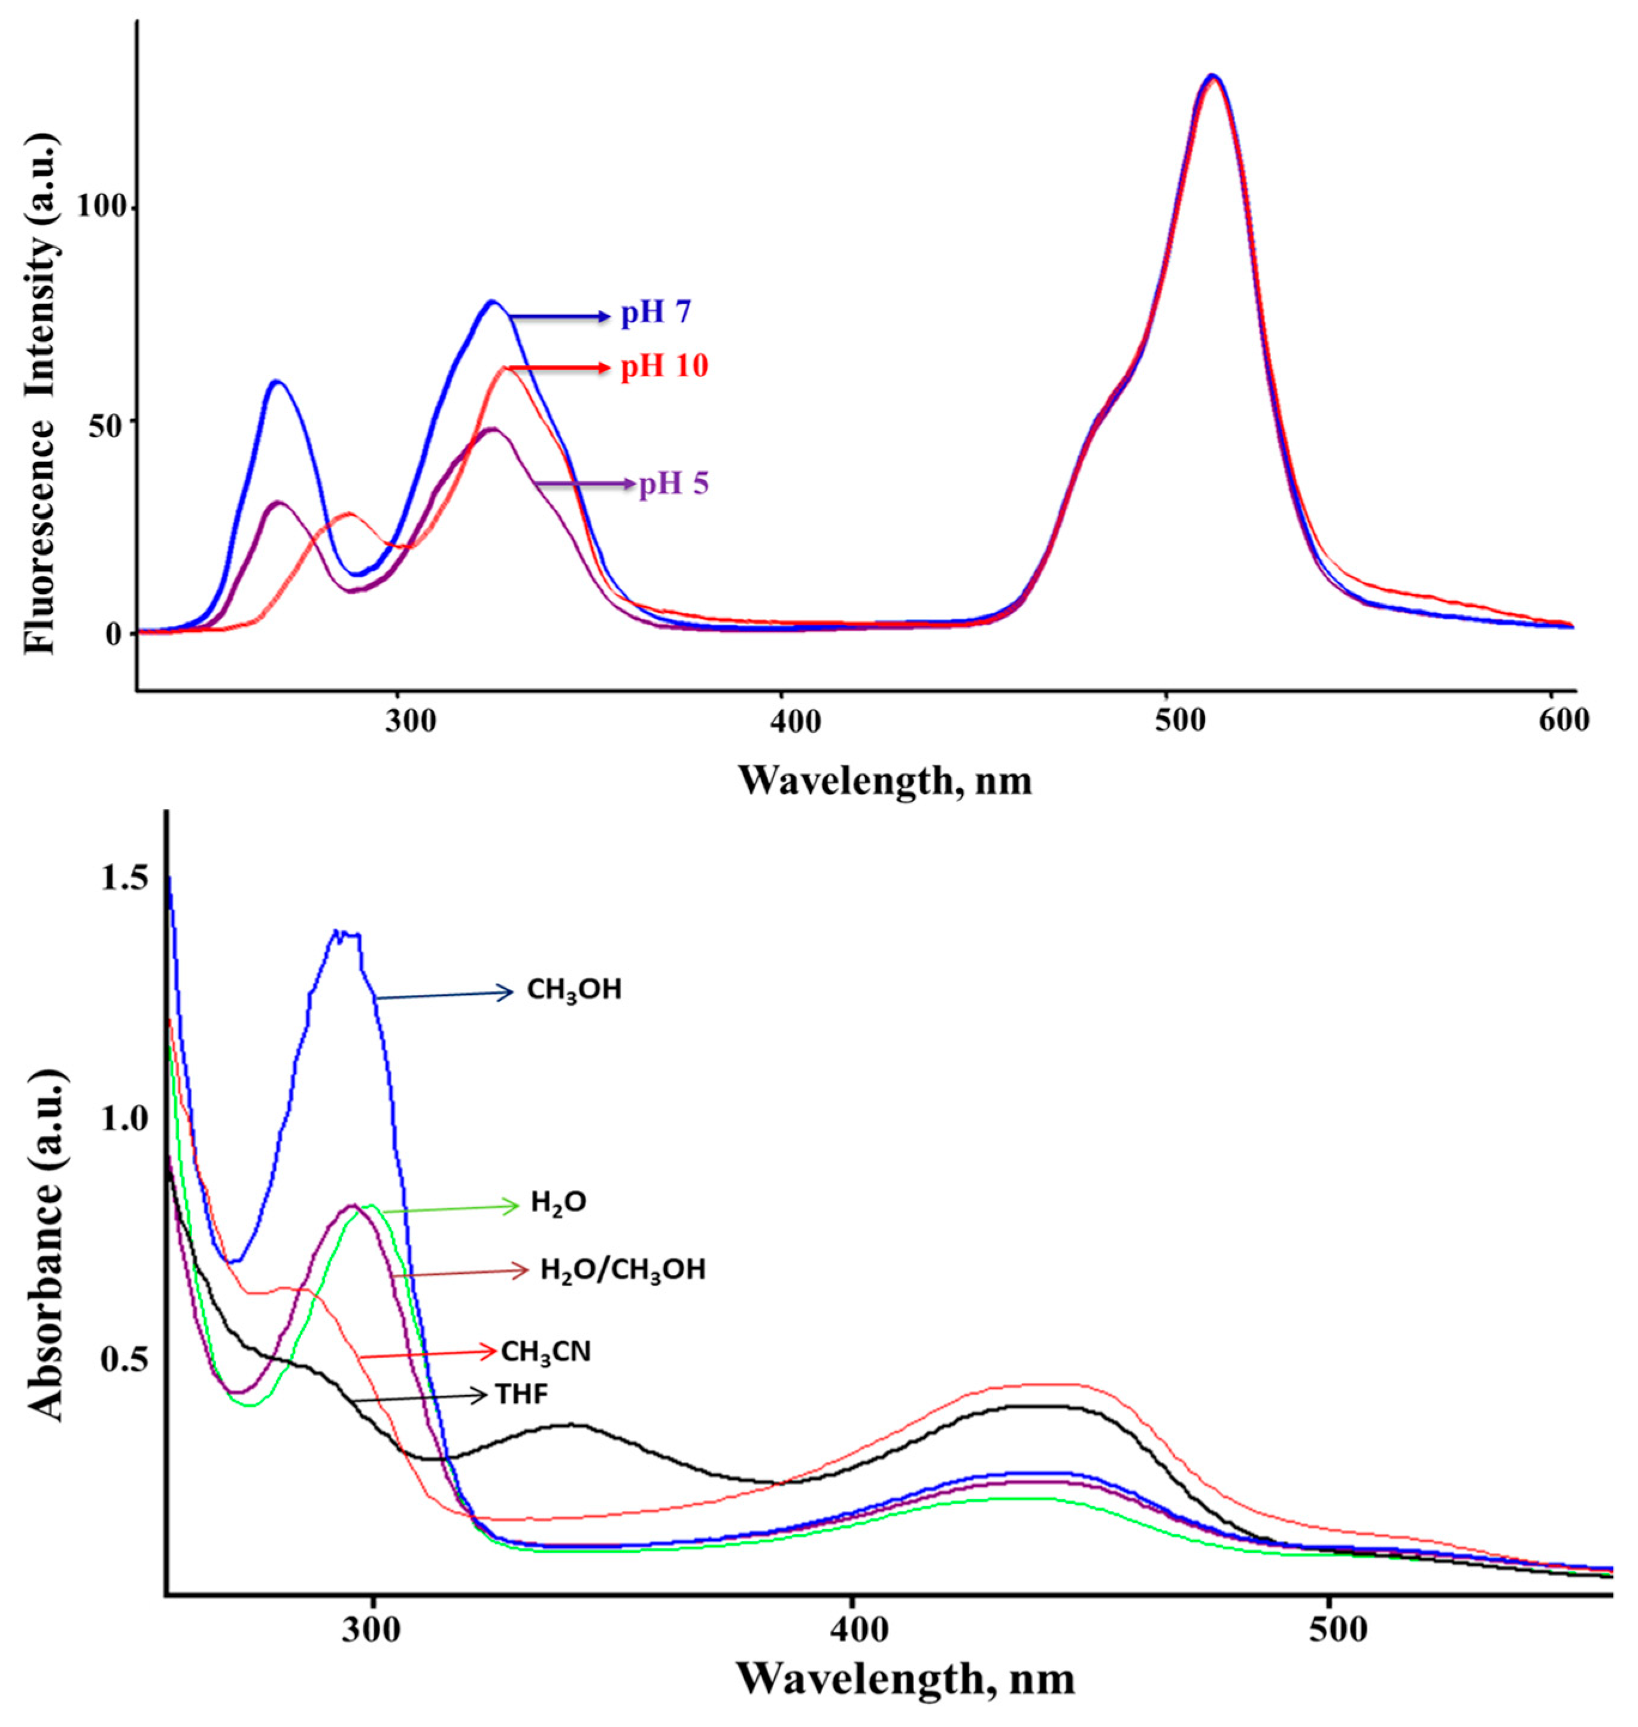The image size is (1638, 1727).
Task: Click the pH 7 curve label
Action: [655, 312]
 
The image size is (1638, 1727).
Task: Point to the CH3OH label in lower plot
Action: [574, 990]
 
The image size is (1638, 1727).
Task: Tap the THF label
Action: [521, 1395]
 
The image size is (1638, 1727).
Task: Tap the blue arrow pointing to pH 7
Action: [559, 316]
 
